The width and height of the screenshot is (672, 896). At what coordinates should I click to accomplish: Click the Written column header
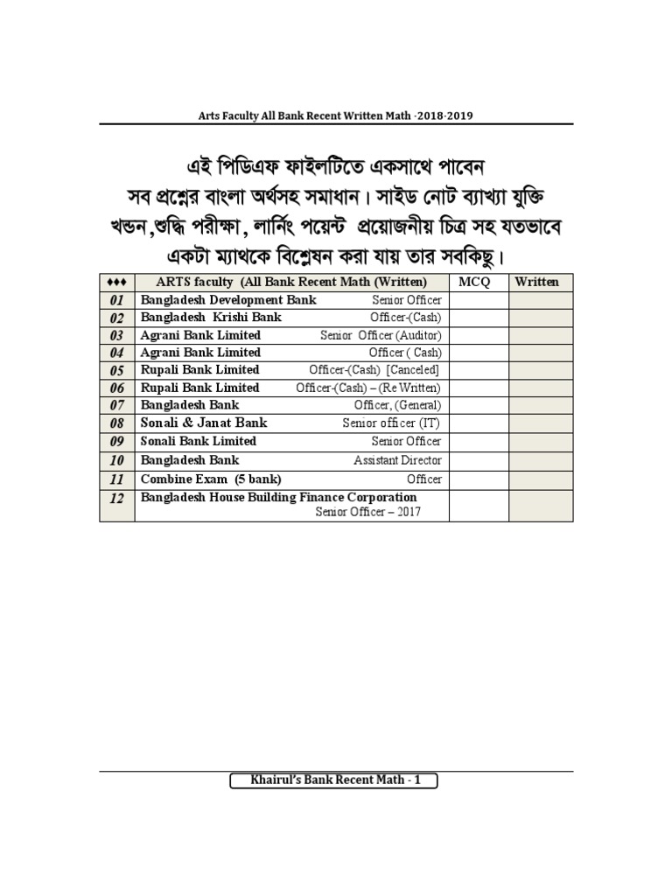coord(541,282)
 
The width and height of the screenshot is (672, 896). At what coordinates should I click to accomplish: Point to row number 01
coord(117,300)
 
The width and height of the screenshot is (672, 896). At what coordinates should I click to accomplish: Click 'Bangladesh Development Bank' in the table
coord(228,300)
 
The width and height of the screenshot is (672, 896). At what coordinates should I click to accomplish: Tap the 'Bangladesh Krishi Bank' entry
coord(211,318)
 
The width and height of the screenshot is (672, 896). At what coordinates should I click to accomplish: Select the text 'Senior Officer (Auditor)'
coord(381,335)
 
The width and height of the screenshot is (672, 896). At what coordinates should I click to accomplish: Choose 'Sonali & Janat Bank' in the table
coord(204,423)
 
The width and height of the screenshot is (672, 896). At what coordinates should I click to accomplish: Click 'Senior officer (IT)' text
coord(391,423)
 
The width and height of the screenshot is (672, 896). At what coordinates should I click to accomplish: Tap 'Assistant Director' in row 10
coord(397,460)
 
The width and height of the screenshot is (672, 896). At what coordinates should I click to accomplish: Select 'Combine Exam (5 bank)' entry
coord(211,479)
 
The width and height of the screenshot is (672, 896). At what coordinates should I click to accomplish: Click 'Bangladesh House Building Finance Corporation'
coord(278,497)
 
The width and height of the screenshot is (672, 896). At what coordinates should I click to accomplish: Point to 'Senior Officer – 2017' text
coord(367,512)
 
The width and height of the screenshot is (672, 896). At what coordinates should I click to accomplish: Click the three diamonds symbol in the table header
coord(117,282)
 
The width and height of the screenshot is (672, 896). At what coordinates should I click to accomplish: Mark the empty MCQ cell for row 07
coord(479,405)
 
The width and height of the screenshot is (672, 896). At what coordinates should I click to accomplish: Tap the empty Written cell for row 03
coord(541,335)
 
